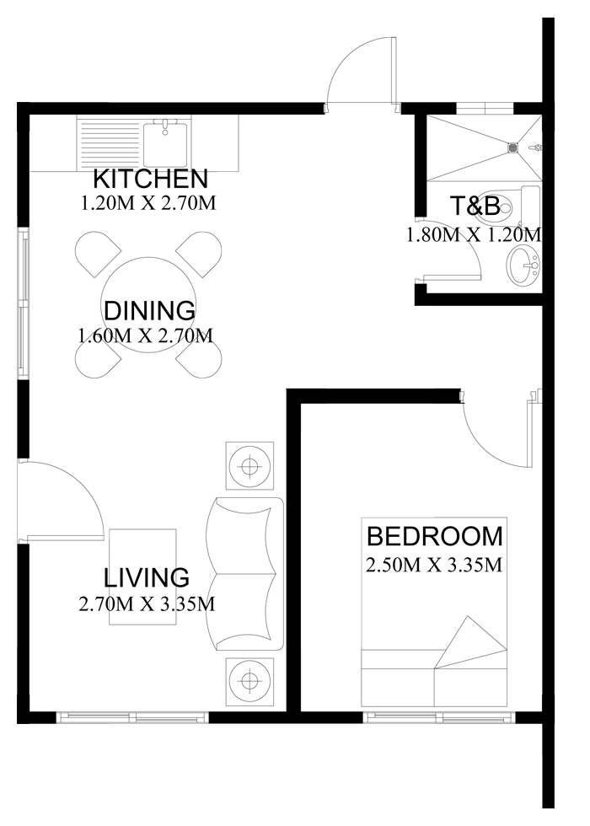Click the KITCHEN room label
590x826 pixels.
point(151,179)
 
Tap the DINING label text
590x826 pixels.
point(150,311)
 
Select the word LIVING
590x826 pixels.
point(147,577)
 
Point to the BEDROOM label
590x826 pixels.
point(435,536)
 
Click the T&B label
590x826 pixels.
point(475,206)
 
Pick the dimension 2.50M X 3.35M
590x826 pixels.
point(433,566)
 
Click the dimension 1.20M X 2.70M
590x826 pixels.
point(148,203)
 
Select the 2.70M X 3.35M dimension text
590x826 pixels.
point(147,603)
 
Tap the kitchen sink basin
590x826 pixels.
point(165,142)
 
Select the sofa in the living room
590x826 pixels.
point(245,574)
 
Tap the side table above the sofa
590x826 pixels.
point(249,466)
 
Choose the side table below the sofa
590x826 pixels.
point(249,681)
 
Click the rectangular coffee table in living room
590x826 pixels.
point(142,577)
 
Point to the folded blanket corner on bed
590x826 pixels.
point(470,642)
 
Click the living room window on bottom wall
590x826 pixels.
point(132,716)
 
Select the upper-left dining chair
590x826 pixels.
point(99,254)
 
